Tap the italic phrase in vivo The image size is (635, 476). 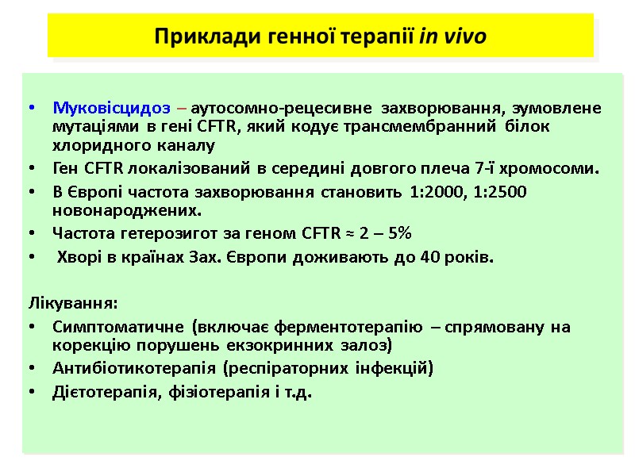click(452, 36)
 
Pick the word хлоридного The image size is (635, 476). click(94, 146)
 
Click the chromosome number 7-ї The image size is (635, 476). click(510, 168)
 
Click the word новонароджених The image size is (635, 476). click(126, 211)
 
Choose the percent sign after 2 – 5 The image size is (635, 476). click(406, 233)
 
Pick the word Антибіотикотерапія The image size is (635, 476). click(133, 368)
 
